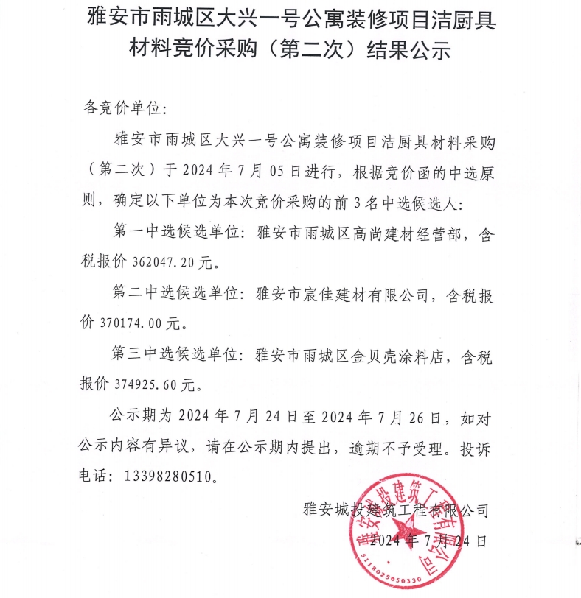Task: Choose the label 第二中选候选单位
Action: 174,294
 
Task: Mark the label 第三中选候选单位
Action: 174,356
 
